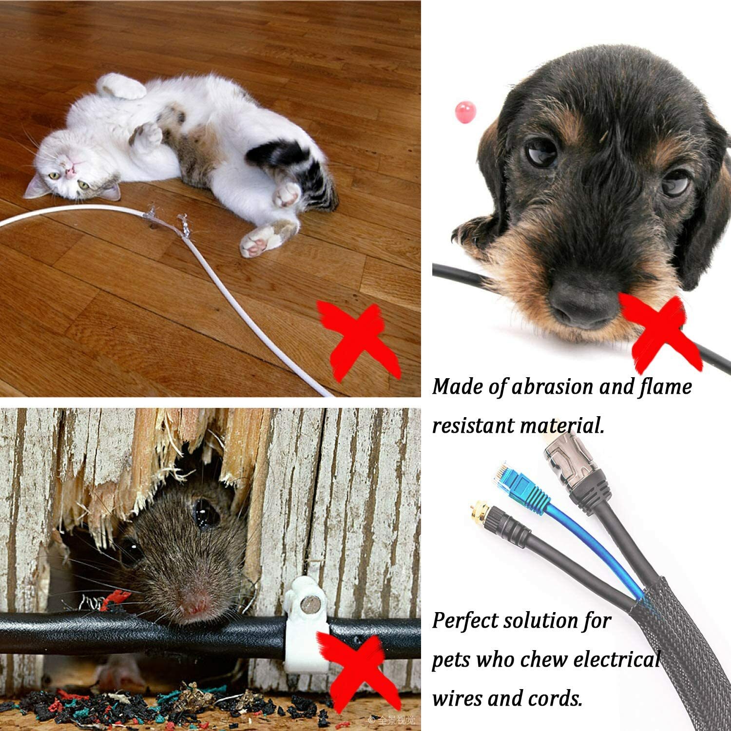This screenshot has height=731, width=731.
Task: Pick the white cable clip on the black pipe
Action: click(308, 629)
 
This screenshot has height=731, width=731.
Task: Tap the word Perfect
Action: click(465, 622)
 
